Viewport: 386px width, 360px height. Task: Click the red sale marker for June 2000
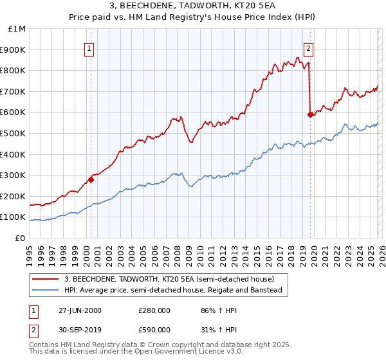91,179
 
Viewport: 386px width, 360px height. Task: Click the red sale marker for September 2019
310,114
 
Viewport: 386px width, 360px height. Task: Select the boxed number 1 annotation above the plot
89,48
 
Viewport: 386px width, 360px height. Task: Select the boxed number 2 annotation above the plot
309,48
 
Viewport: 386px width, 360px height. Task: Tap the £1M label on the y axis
18,28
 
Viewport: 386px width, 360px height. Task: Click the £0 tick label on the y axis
21,238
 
